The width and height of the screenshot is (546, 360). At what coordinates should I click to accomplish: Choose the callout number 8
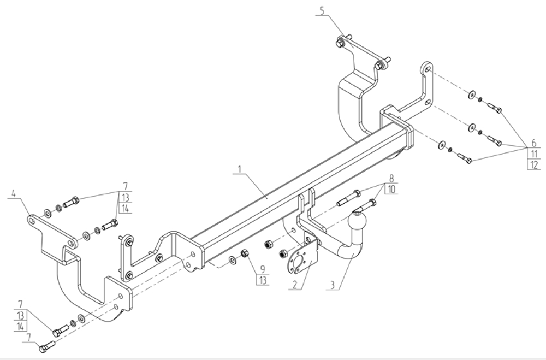[x=391, y=178]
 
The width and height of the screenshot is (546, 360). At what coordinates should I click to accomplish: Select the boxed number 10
[x=391, y=189]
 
